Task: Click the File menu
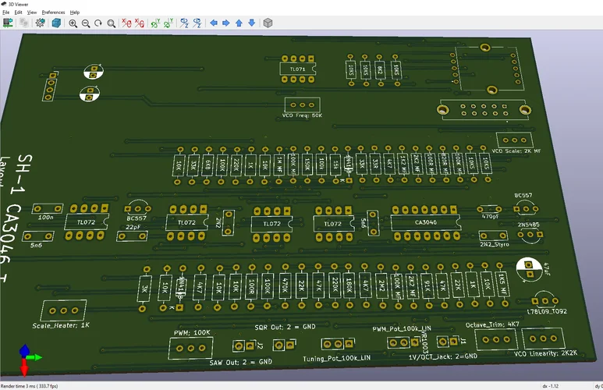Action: pos(6,12)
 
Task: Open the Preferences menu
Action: pos(53,12)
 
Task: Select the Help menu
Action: pos(75,12)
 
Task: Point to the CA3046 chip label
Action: pos(426,223)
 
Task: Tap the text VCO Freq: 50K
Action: pos(302,115)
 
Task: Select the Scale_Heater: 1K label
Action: pos(62,324)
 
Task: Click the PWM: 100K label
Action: pos(191,332)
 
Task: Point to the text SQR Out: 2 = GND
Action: pos(285,326)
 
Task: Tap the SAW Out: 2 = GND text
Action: pos(241,362)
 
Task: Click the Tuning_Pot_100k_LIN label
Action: pos(337,358)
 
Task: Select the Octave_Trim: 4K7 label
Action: pos(492,324)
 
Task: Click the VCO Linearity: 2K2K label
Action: pos(546,353)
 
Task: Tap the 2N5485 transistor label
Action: pos(527,225)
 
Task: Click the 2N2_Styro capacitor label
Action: pos(494,244)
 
